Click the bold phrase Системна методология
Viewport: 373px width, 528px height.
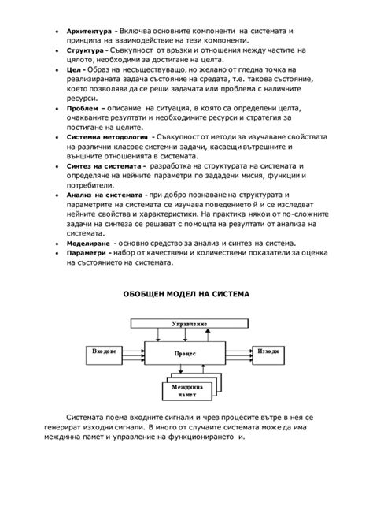104,136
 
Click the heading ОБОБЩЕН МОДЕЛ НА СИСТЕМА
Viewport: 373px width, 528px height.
186,294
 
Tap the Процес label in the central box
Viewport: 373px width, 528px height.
188,355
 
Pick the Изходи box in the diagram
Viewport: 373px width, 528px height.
269,351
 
